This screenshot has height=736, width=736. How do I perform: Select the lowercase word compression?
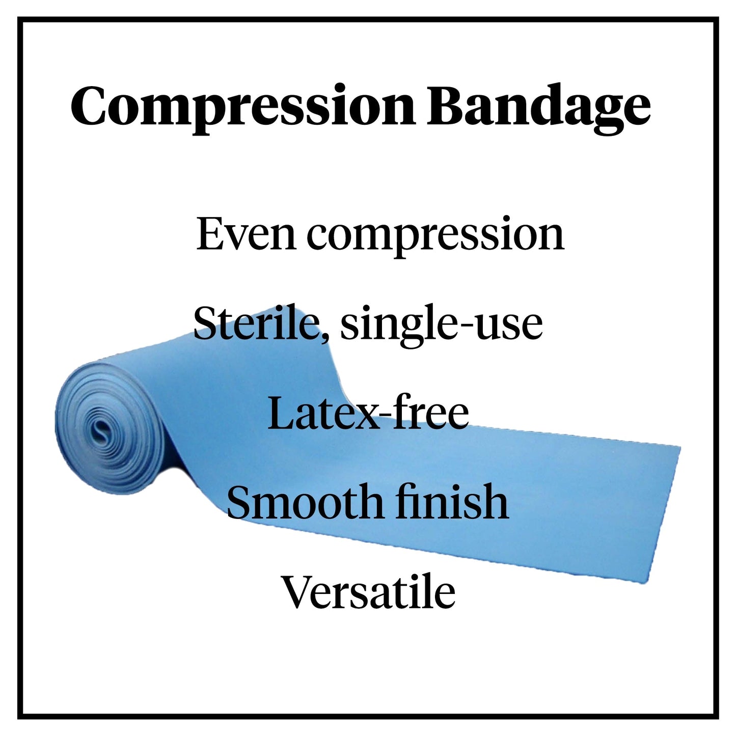point(435,235)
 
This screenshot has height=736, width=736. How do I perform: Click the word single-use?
point(441,325)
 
